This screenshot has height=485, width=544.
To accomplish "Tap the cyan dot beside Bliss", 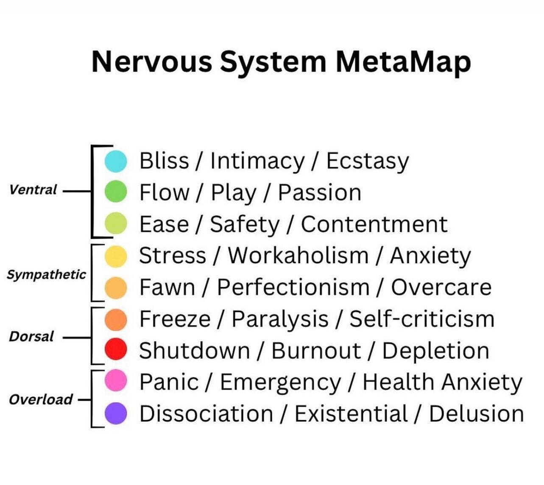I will click(116, 161).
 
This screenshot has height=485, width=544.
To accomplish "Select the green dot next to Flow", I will click(116, 192).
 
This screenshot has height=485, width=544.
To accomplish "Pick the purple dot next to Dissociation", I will click(116, 413).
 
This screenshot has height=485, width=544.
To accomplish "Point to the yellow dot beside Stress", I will click(116, 256).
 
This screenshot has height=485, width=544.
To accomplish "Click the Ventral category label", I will click(33, 190).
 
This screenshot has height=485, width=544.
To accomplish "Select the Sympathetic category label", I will click(46, 275).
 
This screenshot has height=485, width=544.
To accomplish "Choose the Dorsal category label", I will click(31, 337).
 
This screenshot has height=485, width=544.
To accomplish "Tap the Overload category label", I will click(41, 399).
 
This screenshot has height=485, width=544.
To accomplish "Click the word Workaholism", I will click(298, 256).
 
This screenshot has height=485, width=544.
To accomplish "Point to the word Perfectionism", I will click(293, 287).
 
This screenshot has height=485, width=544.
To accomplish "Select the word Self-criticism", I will click(421, 319).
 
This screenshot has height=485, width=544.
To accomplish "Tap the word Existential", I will click(351, 414).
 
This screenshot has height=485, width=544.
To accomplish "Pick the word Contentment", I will click(374, 224).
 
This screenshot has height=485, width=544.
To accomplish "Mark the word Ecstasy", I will click(367, 162).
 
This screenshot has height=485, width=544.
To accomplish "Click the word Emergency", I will click(280, 382).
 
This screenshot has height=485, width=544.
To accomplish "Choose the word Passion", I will click(319, 192).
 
